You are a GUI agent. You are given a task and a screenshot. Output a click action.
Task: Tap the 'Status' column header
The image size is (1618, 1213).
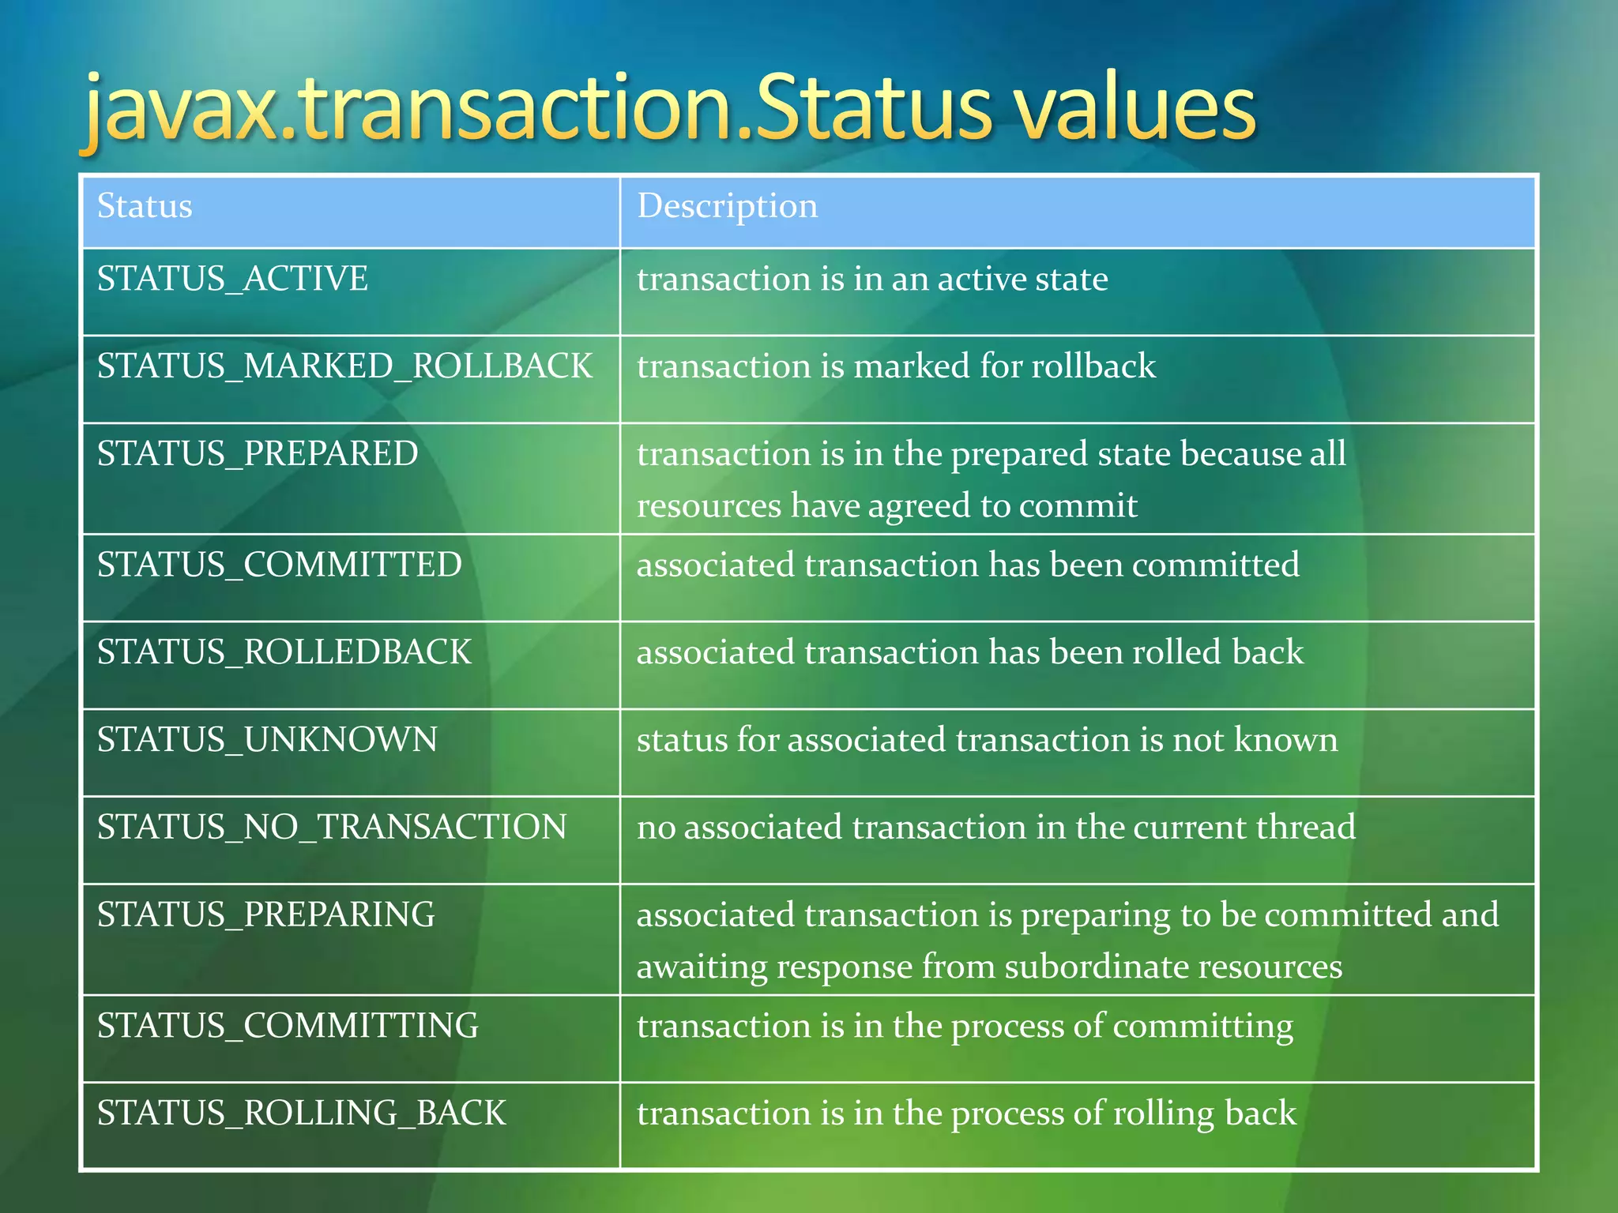pyautogui.click(x=145, y=206)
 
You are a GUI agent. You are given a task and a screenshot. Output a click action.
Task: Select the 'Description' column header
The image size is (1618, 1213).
pyautogui.click(x=727, y=206)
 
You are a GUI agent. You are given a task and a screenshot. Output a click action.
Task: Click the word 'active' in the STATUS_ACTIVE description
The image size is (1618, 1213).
pyautogui.click(x=982, y=279)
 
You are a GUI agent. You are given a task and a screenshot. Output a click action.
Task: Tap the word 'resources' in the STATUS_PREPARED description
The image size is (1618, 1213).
pyautogui.click(x=709, y=506)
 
